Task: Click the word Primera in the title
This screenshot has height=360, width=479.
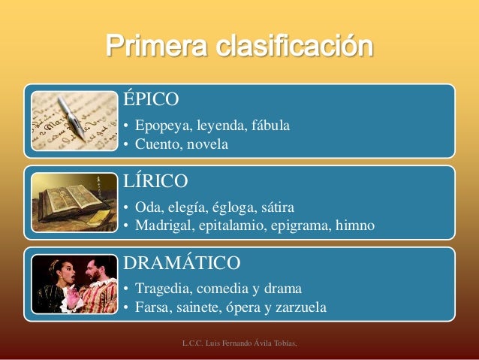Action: (x=156, y=47)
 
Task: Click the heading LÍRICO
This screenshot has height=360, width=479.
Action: (x=155, y=182)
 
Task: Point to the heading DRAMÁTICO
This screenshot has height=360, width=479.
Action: (x=182, y=263)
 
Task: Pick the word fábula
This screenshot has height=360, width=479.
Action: (x=270, y=125)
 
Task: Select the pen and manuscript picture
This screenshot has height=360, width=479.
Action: (x=74, y=121)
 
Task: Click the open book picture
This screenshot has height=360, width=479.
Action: (x=74, y=202)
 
